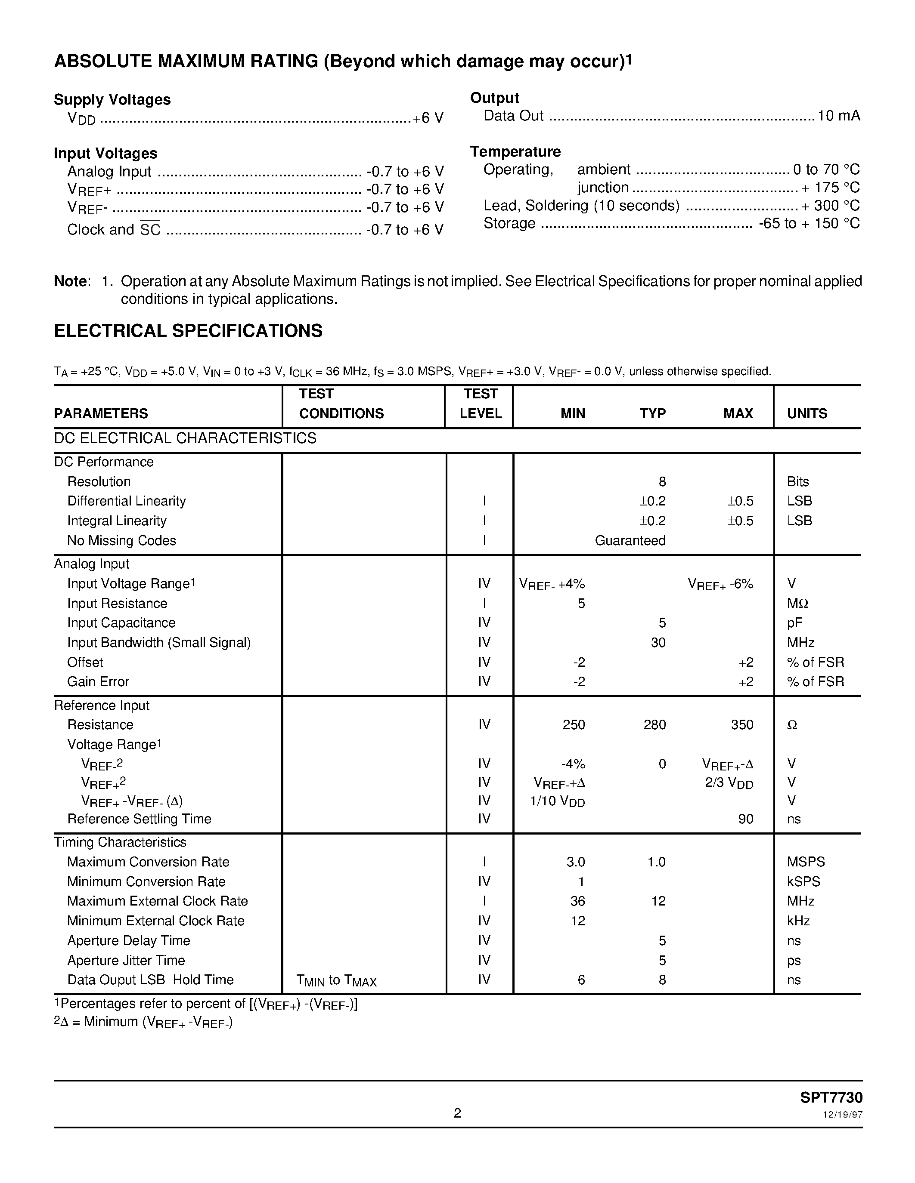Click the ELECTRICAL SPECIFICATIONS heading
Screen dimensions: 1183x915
188,331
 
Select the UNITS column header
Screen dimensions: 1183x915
806,413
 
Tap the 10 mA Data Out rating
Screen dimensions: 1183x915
838,116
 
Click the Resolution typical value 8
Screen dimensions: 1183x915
662,481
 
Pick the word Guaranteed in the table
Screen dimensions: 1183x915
630,541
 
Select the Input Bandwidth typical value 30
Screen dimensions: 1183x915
658,642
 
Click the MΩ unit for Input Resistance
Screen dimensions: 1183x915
797,604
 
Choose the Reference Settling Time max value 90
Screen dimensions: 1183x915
745,819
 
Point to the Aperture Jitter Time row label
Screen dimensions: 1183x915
126,960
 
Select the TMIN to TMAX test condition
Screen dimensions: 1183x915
336,980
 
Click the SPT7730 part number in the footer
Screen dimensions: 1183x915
831,1097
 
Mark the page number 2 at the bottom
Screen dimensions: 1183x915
457,1113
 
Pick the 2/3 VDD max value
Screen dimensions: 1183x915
729,783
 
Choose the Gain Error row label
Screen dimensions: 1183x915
98,681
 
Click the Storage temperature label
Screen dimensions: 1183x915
509,224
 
